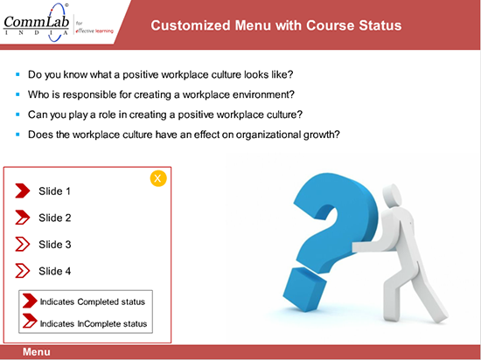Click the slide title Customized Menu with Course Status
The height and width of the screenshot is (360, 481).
[276, 25]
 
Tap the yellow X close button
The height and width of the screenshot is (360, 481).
[158, 178]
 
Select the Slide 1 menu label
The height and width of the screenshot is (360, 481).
[55, 190]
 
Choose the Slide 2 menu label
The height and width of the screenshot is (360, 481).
[55, 218]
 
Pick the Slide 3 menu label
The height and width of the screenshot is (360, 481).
[55, 245]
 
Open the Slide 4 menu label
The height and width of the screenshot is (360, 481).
[55, 271]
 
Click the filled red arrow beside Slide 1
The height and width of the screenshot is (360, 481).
[22, 190]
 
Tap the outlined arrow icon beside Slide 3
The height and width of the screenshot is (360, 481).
[22, 245]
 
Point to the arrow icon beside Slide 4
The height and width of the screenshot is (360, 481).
[22, 271]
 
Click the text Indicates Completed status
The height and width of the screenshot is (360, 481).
[92, 301]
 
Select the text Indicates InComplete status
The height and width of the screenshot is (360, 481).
[94, 323]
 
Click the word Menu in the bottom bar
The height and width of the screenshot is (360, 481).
[36, 352]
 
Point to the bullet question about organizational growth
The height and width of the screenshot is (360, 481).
[184, 134]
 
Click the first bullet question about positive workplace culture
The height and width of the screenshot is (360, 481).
[160, 75]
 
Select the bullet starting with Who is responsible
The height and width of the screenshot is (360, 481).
[161, 94]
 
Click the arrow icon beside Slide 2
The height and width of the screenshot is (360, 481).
[22, 218]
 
